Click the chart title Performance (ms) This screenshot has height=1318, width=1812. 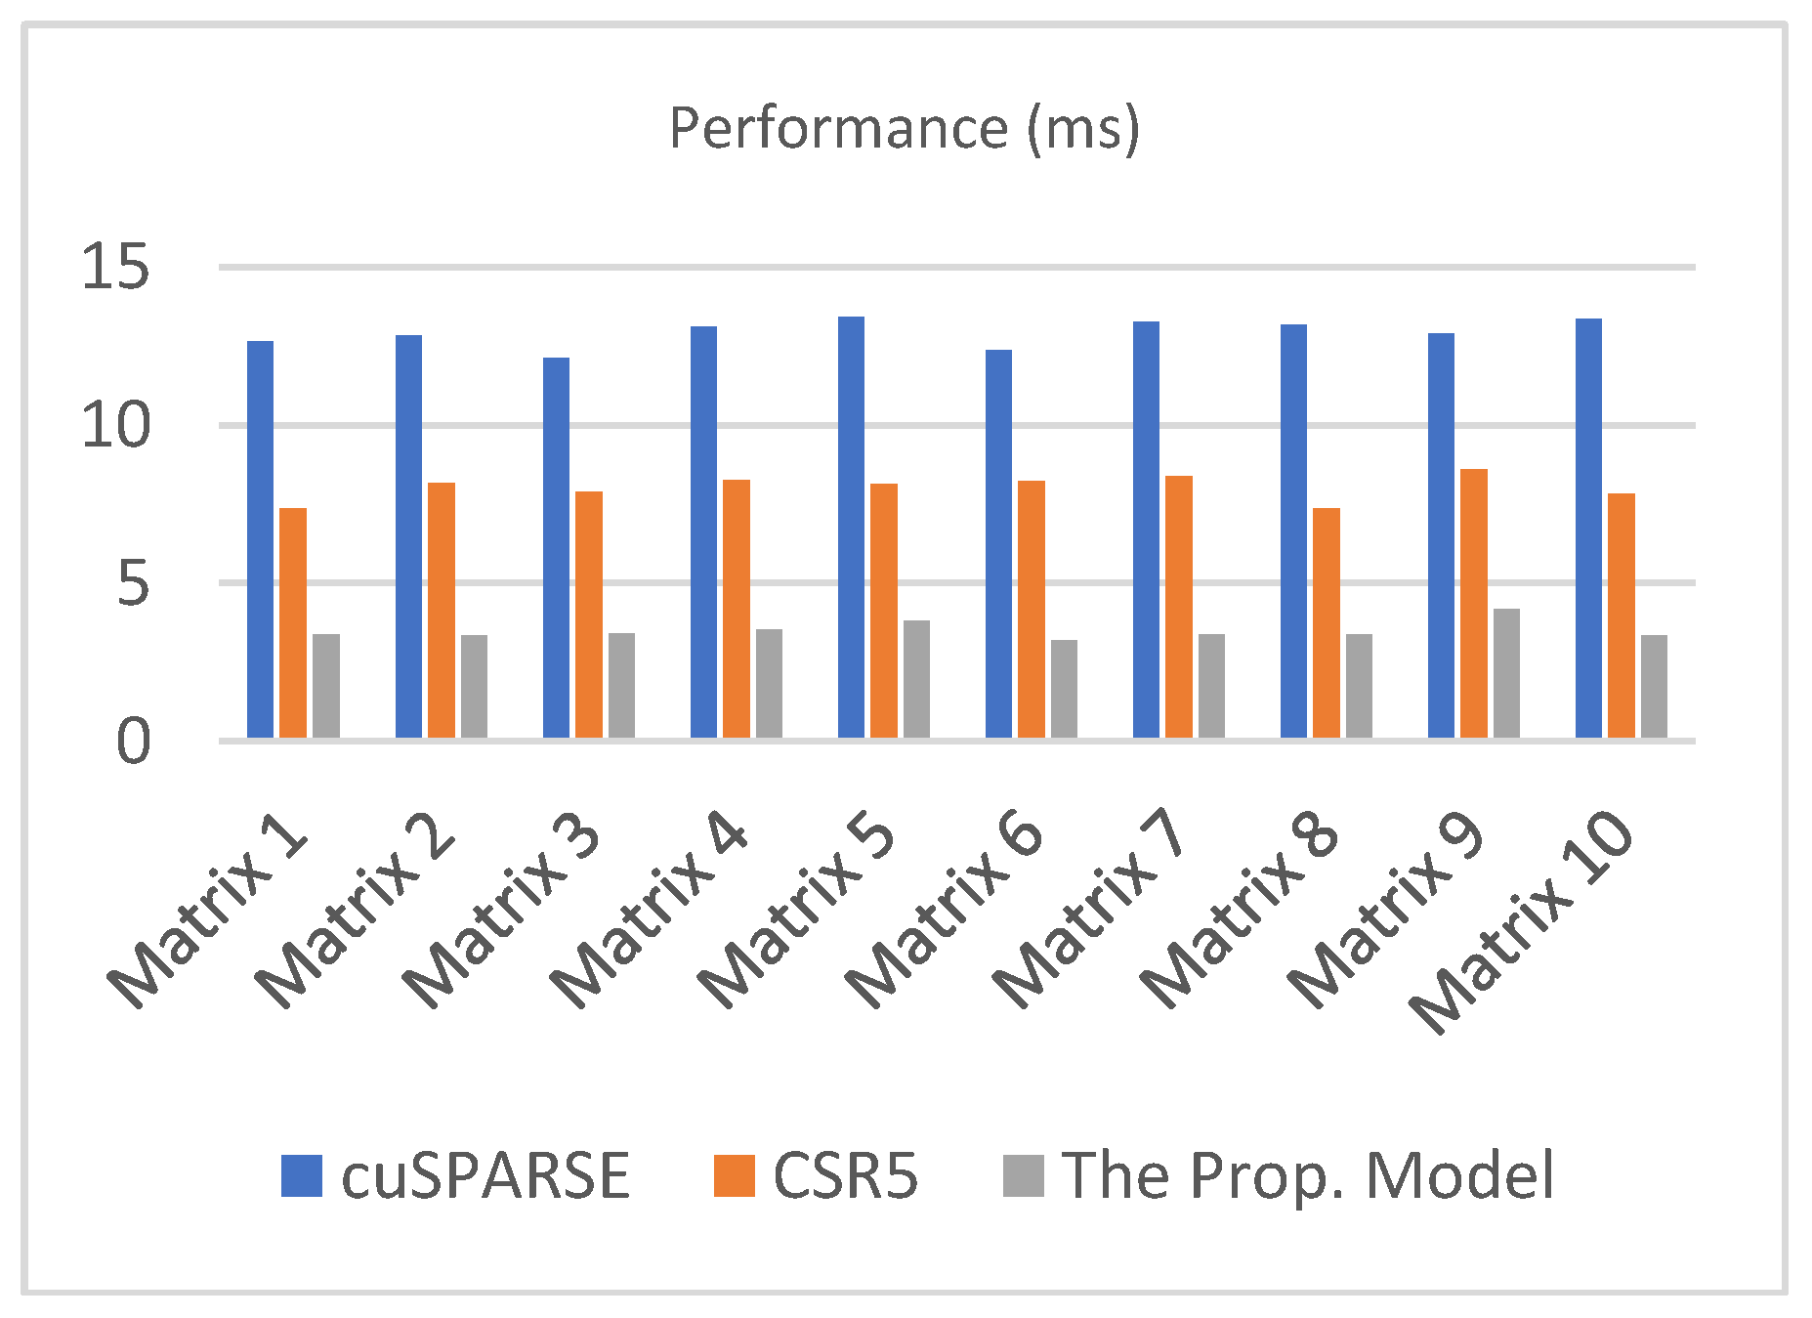point(904,128)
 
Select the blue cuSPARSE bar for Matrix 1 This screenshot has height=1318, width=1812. point(260,539)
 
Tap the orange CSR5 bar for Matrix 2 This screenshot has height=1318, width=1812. point(441,610)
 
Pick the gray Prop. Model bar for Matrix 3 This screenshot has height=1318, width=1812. point(621,685)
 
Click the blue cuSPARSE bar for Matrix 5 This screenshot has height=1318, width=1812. point(851,528)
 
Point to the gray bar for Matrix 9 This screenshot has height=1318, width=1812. point(1506,673)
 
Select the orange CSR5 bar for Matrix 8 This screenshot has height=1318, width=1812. point(1326,622)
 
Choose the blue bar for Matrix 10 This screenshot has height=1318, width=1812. point(1588,529)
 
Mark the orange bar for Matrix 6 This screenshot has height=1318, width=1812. point(1031,609)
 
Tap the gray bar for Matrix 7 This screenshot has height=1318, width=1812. point(1211,686)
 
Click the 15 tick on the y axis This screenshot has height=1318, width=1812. point(115,267)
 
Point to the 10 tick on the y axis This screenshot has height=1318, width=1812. point(115,426)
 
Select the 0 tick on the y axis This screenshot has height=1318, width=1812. point(134,743)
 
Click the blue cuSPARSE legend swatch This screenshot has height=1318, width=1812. point(301,1175)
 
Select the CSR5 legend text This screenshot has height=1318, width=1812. point(845,1175)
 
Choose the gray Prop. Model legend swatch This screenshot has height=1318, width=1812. point(1023,1175)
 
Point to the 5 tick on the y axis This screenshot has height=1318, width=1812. point(134,584)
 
